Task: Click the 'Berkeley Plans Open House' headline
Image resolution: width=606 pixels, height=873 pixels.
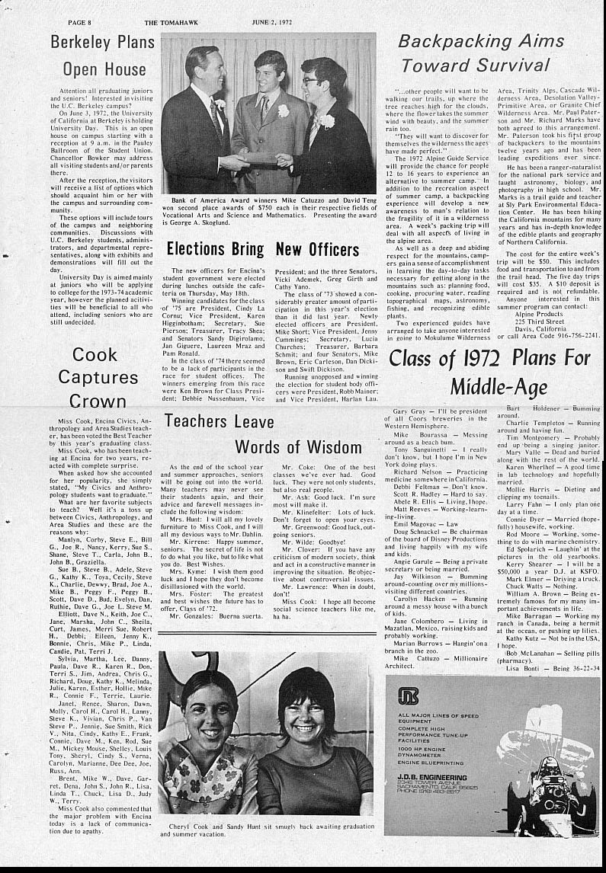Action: [x=103, y=56]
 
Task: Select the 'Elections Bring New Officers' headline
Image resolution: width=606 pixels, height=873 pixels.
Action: [x=262, y=249]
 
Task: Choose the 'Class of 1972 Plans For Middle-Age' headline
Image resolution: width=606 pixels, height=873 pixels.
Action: [x=490, y=371]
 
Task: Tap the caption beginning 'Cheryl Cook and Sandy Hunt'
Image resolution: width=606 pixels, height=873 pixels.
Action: [x=267, y=828]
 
